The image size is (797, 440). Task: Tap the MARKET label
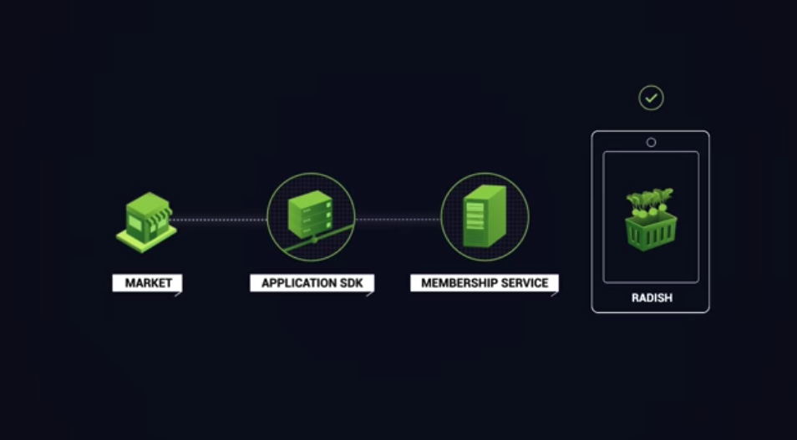(148, 283)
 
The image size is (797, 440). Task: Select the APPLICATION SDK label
(311, 283)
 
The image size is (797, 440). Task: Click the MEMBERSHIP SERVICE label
(485, 283)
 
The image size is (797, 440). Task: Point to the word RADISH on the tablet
(651, 297)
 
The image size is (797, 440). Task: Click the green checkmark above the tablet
(651, 98)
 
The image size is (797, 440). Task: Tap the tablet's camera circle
(651, 142)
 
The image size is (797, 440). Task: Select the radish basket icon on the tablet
(650, 220)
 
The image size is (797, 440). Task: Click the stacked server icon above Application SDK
(310, 215)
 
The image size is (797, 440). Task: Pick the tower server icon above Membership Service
(485, 216)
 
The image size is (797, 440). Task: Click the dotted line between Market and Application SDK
(220, 220)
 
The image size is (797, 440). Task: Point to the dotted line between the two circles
(398, 220)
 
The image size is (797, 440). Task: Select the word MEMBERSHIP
(457, 283)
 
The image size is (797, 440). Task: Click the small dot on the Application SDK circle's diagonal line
(314, 240)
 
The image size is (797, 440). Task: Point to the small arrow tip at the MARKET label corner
(179, 293)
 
